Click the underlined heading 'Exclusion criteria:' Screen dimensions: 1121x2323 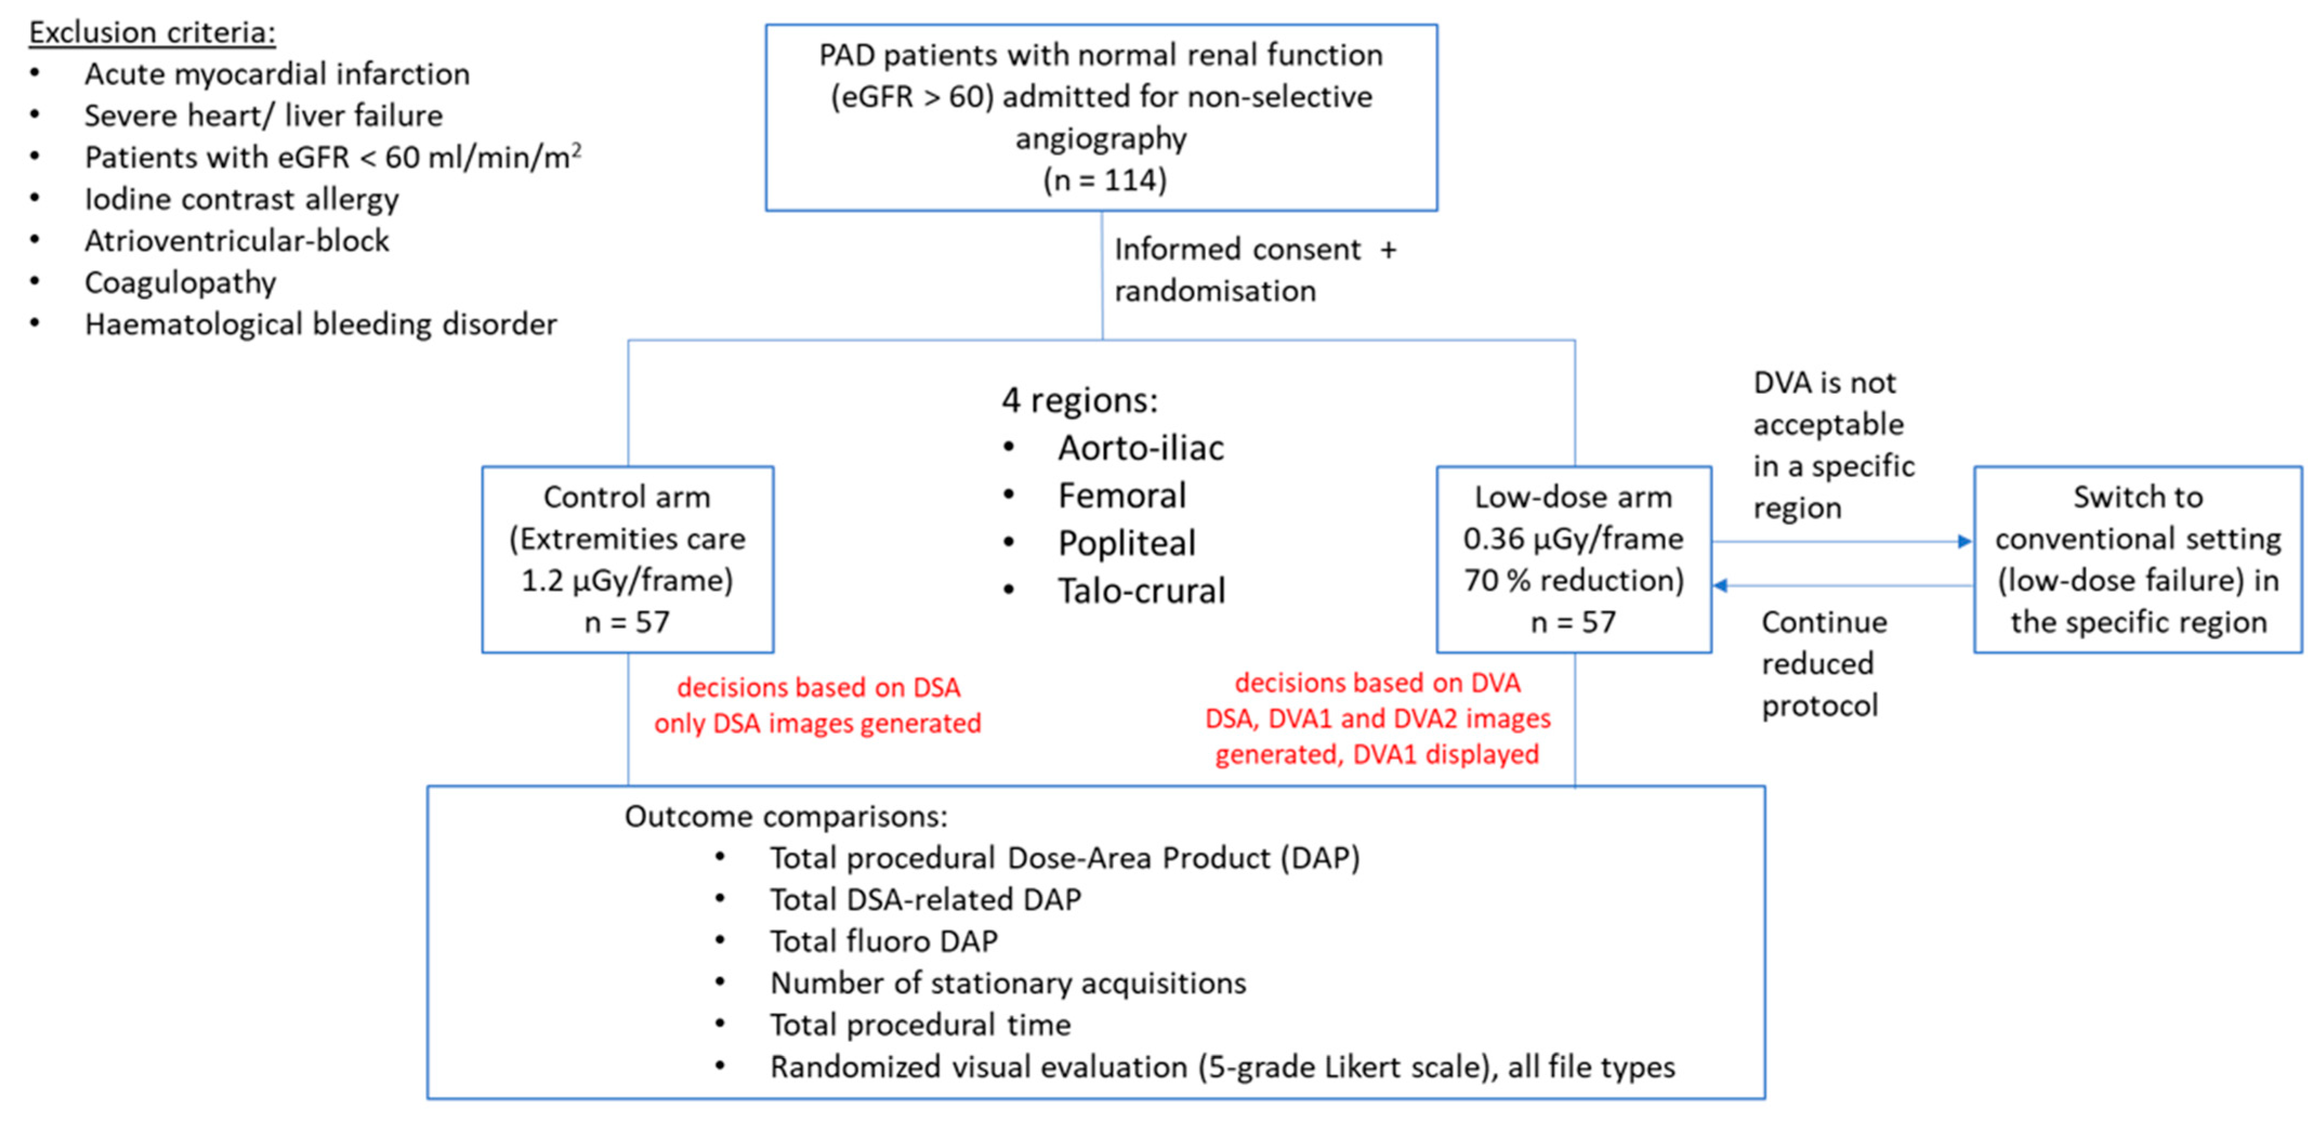point(152,32)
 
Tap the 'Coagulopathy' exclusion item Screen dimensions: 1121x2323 point(180,283)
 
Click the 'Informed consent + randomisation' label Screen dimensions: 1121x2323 point(1253,269)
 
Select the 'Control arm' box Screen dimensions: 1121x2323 point(628,559)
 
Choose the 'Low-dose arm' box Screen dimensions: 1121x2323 point(1574,559)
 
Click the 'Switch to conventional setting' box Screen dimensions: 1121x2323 point(2137,559)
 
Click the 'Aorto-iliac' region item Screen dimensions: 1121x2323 point(1141,448)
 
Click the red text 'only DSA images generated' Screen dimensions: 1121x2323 point(817,723)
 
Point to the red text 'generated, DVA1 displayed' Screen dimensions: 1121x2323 point(1377,754)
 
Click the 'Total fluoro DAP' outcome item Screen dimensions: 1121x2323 point(884,941)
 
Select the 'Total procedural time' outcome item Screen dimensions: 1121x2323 point(920,1025)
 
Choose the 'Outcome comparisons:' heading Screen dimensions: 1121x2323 point(786,817)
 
